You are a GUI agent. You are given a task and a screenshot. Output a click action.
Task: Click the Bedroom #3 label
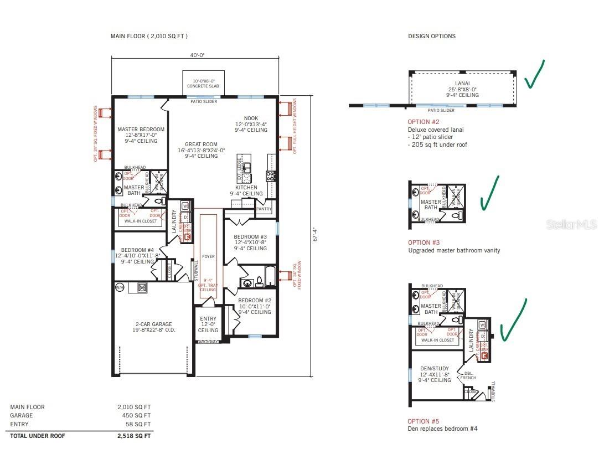pyautogui.click(x=251, y=242)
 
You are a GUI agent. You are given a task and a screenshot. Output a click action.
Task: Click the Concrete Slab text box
pyautogui.click(x=203, y=84)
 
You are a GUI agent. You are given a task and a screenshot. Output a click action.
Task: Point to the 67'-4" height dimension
pyautogui.click(x=314, y=234)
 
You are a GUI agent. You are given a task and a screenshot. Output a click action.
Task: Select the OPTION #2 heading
pyautogui.click(x=424, y=122)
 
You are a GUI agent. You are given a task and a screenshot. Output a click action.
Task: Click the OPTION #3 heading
pyautogui.click(x=424, y=242)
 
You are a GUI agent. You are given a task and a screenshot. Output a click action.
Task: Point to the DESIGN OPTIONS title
pyautogui.click(x=432, y=37)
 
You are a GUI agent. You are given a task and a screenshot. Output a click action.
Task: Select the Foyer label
pyautogui.click(x=208, y=256)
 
